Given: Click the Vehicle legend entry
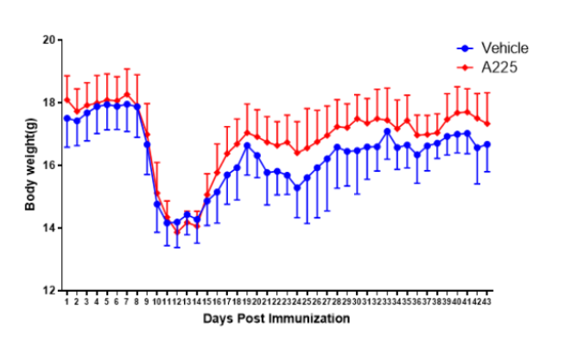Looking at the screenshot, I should pos(504,48).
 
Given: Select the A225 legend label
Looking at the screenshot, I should pos(499,66).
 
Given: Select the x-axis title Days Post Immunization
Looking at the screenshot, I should pos(276,319).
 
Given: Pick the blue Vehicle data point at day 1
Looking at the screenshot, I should pos(67,118).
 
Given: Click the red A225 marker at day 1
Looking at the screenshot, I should pos(67,99).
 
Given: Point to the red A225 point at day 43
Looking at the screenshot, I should pos(487,123).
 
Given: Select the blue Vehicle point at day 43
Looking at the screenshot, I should pos(487,144).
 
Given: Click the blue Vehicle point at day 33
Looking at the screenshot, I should pos(387,131).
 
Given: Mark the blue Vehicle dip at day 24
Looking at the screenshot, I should pos(297,187).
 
